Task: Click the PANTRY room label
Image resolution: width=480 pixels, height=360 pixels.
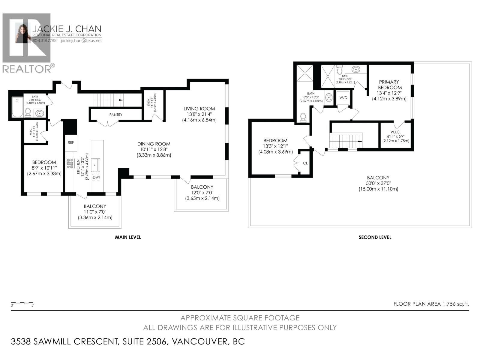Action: click(116, 115)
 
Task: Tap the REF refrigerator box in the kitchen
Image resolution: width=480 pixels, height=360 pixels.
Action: click(71, 142)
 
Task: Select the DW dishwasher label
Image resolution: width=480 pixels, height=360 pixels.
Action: click(96, 178)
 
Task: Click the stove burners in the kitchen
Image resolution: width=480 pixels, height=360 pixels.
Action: click(70, 163)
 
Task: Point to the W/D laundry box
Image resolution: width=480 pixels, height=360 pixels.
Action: click(343, 98)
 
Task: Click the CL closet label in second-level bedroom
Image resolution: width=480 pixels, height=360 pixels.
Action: click(305, 163)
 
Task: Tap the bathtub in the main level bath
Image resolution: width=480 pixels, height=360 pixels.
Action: click(17, 107)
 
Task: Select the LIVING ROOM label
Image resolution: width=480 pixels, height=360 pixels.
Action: click(199, 109)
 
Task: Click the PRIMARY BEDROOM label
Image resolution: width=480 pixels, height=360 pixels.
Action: click(389, 85)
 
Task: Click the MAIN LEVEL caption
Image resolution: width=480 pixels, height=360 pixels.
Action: click(128, 237)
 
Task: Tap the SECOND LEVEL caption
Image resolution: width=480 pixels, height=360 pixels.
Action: click(375, 237)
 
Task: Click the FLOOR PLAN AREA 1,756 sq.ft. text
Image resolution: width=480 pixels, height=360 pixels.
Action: click(431, 304)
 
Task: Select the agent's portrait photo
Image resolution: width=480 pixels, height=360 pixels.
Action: click(23, 34)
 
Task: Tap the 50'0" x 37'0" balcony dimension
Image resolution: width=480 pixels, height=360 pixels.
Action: click(378, 183)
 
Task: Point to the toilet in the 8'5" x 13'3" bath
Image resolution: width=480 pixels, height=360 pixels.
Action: click(303, 117)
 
